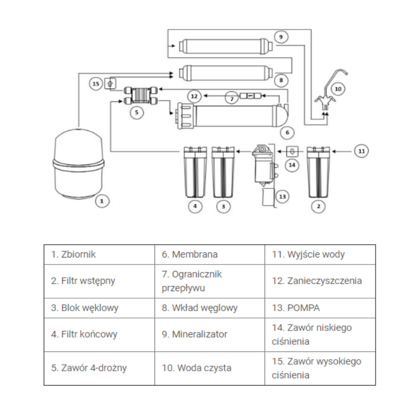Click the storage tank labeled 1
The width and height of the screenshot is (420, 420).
[78, 164]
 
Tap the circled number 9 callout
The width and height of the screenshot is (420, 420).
[281, 37]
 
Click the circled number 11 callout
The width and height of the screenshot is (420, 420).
[361, 151]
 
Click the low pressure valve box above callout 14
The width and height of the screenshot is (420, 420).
[292, 151]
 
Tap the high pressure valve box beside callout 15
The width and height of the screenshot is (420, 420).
[110, 83]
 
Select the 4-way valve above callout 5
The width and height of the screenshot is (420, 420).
[140, 95]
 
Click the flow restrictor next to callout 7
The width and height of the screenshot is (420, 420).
[250, 96]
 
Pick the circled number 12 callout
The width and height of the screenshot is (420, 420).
[194, 96]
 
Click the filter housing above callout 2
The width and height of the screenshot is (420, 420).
[318, 172]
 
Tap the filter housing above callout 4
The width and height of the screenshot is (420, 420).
[195, 172]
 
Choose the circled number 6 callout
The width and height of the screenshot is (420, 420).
[287, 132]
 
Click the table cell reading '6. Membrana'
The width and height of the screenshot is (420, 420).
[210, 255]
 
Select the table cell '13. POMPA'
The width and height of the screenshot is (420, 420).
[320, 308]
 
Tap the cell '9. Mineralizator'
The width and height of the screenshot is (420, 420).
[210, 335]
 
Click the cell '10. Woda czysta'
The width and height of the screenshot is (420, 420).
[210, 368]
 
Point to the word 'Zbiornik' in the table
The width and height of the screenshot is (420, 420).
[78, 254]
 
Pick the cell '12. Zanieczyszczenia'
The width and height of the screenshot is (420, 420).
[320, 281]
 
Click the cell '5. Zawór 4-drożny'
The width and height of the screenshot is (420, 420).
[100, 368]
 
